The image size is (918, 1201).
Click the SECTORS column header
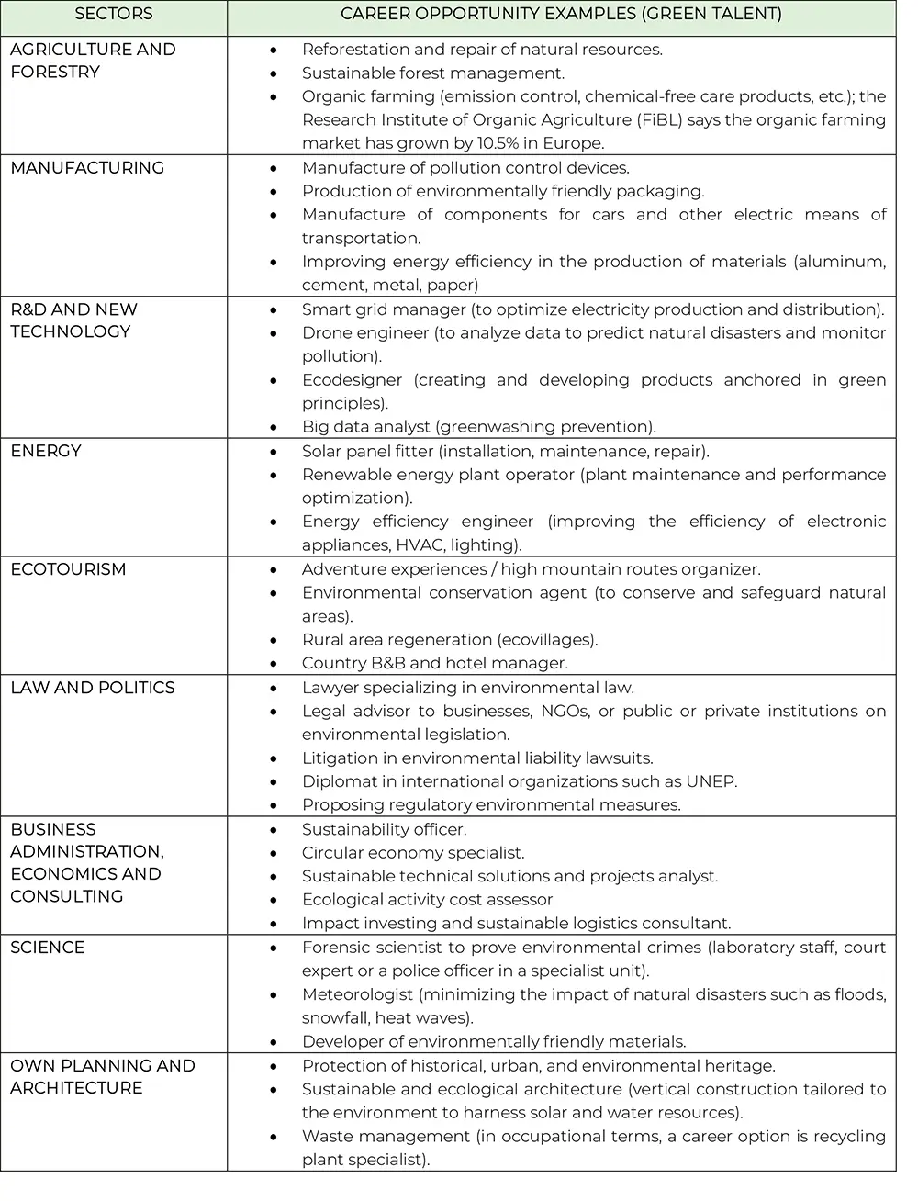[x=114, y=14]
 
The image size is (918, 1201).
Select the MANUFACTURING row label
[x=87, y=168]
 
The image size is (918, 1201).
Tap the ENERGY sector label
[x=46, y=451]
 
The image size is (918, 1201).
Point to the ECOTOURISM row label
[x=68, y=569]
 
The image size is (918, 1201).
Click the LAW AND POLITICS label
[x=92, y=688]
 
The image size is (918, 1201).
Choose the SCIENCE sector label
[x=48, y=948]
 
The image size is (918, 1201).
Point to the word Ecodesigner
[x=353, y=380]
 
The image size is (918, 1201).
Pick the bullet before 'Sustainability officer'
[x=274, y=830]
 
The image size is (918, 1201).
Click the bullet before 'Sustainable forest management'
[x=274, y=73]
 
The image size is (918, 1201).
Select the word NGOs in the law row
[x=565, y=711]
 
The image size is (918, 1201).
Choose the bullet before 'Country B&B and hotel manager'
[x=274, y=664]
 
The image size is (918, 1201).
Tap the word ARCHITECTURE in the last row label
[x=77, y=1088]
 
